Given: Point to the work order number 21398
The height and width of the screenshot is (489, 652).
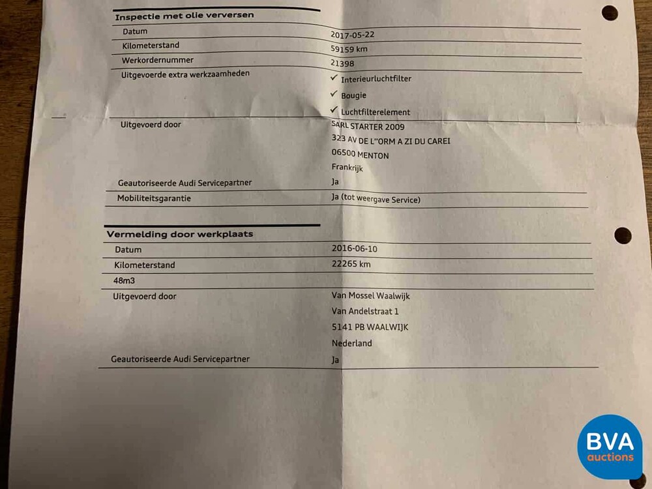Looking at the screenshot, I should point(344,63).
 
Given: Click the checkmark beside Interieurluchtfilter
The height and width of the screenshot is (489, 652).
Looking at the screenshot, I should point(334,77).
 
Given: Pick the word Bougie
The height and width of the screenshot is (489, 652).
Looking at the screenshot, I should point(353,95).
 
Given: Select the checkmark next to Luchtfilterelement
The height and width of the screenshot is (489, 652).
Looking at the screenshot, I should point(334,110).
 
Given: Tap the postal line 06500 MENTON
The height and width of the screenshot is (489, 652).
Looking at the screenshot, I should point(360,155).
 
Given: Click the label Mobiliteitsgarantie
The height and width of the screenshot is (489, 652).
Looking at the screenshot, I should point(154,198).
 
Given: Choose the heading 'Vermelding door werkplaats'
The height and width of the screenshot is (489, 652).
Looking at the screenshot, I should point(179,233).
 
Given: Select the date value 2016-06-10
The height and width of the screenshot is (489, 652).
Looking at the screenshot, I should point(355,249).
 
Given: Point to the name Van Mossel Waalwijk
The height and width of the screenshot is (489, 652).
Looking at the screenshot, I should point(370,296).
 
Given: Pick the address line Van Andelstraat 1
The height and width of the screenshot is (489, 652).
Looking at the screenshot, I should point(365,312).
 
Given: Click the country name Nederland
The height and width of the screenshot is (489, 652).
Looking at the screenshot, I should point(351,343).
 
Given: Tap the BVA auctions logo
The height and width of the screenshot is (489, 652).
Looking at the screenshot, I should point(610,447).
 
